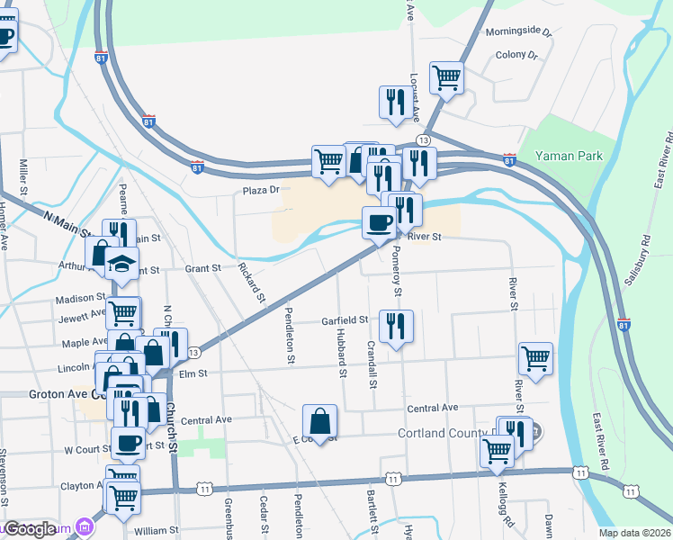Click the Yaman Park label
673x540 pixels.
pos(569,156)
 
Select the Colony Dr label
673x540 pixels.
pos(516,55)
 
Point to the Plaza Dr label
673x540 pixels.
pos(262,190)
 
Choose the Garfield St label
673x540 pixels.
pos(345,319)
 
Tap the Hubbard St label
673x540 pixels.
pos(342,346)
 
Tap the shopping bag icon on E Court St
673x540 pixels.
pos(319,420)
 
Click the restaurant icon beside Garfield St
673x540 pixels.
pos(396,327)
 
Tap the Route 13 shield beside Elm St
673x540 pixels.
pos(193,352)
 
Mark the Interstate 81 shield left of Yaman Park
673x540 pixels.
pos(510,159)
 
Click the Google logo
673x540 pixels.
pos(31,529)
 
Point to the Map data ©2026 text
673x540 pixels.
pos(635,533)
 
